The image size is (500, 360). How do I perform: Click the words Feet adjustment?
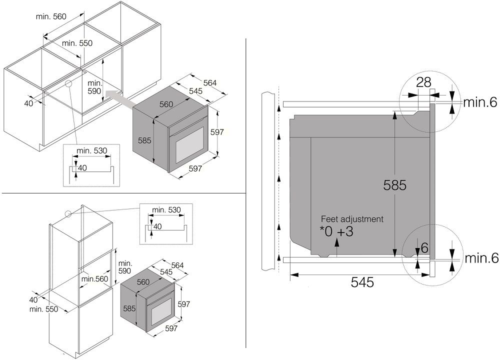coord(352,219)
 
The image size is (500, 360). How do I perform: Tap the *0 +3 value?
coord(336,231)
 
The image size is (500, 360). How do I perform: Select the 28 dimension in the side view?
coord(423,82)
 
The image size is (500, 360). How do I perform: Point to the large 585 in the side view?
coord(395,185)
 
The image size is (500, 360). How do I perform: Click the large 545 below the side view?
coord(362,282)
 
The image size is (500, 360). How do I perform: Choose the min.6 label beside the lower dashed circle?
coord(481,258)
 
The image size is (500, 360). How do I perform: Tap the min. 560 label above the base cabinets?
coord(51,16)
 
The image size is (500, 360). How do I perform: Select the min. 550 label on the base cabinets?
coord(77,43)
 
